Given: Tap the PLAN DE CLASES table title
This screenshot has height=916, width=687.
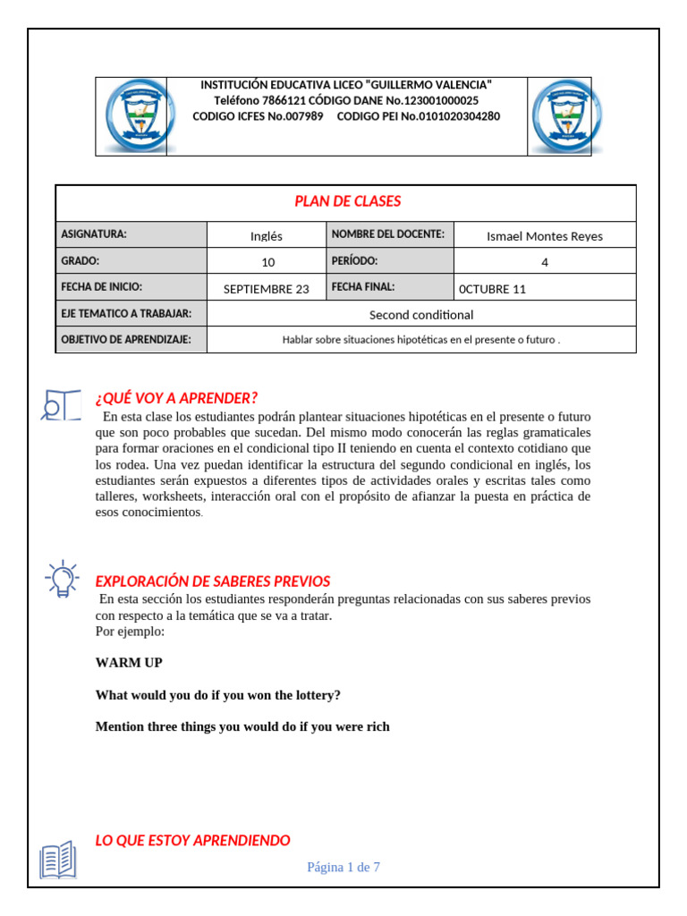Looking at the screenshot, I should [348, 201].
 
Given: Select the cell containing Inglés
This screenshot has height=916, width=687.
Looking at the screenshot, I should [267, 236].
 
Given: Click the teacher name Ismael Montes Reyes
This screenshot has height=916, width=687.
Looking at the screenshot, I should [544, 236].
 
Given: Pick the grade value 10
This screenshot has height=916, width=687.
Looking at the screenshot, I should [267, 262].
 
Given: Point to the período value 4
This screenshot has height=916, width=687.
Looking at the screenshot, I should [544, 262].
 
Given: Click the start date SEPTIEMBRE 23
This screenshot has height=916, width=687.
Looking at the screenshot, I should [266, 288].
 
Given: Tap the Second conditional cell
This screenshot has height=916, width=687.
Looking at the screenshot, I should [421, 314].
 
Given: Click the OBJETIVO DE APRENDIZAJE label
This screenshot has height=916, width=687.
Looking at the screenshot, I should [126, 340].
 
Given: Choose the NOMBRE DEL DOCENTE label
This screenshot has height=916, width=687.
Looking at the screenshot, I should [387, 234].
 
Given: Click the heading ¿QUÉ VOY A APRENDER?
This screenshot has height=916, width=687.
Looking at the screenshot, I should [176, 398].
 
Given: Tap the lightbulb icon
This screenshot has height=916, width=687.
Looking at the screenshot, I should [60, 579].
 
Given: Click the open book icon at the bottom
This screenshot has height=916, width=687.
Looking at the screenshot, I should [58, 860].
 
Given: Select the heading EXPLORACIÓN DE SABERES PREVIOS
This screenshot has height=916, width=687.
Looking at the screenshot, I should [213, 581].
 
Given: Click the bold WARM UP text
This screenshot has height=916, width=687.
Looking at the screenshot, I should [129, 663].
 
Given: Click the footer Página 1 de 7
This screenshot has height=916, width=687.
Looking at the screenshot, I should [343, 867].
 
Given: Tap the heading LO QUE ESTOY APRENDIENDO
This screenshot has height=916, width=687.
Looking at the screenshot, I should [192, 840].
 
